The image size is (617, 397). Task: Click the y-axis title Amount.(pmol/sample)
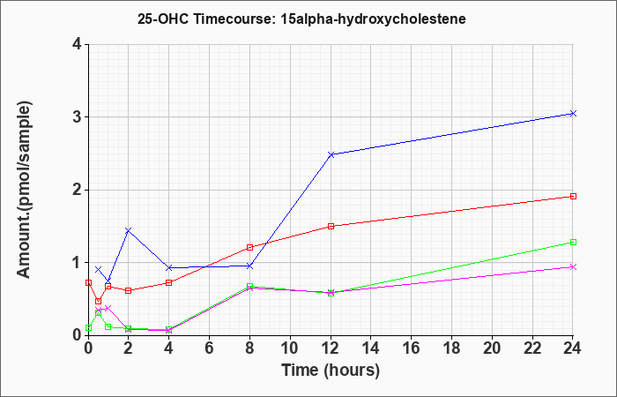tap(24, 190)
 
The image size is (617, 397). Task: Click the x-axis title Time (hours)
tap(331, 371)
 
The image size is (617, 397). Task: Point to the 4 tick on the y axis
tap(78, 44)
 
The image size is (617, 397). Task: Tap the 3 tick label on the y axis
tap(78, 117)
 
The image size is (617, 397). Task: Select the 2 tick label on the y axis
tap(78, 190)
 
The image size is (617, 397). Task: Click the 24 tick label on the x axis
tap(572, 348)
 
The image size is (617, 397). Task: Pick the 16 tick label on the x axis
tap(412, 348)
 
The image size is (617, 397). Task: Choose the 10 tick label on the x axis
tap(290, 348)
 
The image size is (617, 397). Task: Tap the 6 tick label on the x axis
tap(209, 348)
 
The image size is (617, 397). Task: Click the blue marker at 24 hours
tap(573, 114)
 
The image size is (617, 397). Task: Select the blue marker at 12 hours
tap(331, 154)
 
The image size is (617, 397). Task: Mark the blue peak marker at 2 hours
tap(129, 230)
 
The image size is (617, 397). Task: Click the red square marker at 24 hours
tap(573, 196)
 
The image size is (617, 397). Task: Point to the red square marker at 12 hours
tap(331, 226)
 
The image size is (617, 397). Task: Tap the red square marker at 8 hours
tap(249, 247)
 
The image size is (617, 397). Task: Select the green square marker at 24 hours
tap(573, 243)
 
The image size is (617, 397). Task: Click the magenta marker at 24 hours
tap(573, 267)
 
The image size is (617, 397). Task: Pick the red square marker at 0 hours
tap(88, 283)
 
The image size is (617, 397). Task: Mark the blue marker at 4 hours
tap(169, 268)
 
